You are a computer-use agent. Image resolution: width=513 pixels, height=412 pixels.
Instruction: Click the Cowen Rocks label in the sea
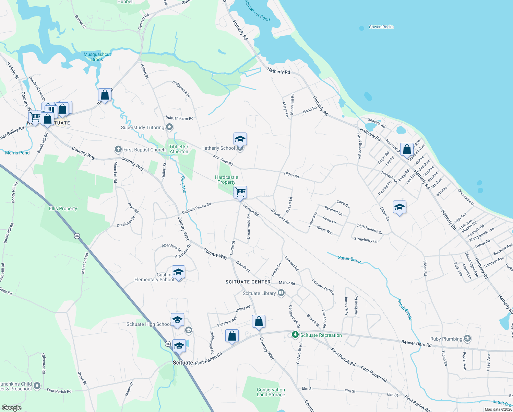[381, 27]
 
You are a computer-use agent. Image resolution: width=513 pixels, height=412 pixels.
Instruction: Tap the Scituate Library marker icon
[281, 293]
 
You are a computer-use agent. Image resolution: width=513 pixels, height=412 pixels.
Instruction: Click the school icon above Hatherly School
[240, 139]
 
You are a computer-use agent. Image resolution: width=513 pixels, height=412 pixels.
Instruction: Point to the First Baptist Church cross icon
[118, 149]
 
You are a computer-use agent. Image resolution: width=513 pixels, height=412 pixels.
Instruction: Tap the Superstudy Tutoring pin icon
[169, 127]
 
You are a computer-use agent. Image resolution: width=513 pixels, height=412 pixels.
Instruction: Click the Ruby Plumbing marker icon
[467, 339]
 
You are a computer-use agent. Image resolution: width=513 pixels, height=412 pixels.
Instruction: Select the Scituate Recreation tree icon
[295, 334]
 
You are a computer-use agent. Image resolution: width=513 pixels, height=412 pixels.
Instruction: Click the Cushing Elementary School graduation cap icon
[178, 272]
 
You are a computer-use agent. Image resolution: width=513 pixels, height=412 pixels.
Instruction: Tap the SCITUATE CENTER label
[248, 282]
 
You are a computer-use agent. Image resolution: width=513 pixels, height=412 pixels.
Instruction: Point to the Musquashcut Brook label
[97, 57]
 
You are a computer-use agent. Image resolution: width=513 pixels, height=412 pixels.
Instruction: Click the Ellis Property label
[63, 208]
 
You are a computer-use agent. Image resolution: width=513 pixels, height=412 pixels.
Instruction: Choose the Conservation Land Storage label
[271, 392]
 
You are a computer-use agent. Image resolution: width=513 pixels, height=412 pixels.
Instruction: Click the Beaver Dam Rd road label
[416, 343]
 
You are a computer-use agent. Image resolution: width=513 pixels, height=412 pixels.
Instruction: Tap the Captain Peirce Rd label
[196, 208]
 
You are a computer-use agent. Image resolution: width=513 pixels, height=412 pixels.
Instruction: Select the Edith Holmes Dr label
[369, 229]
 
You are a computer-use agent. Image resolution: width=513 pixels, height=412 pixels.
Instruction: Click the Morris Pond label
[17, 153]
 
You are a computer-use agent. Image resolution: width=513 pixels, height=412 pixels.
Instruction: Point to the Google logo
[12, 408]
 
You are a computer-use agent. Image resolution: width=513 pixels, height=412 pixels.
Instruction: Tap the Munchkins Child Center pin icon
[37, 386]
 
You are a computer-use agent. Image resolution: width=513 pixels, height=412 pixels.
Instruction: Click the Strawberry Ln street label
[366, 240]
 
